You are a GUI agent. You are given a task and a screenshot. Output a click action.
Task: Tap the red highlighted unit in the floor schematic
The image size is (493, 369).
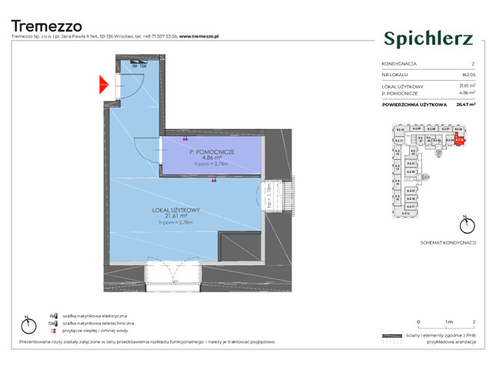coord(459,140)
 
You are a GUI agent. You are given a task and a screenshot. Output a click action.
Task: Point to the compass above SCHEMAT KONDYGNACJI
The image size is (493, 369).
coord(462,226)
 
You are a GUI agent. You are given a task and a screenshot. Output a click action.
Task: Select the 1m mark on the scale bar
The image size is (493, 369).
coord(447,321)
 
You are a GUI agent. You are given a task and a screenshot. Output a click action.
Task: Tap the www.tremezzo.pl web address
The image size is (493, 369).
coord(201,36)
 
